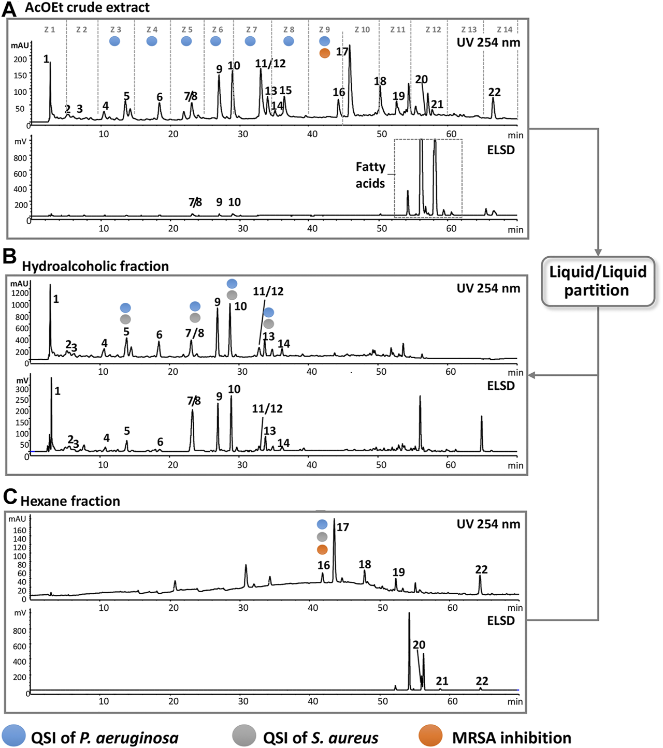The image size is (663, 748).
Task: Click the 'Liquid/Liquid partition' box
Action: [598, 281]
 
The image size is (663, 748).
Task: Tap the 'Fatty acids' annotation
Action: [370, 175]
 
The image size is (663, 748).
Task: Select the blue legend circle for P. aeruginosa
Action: [13, 736]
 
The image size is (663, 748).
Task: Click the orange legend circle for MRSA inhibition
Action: [430, 736]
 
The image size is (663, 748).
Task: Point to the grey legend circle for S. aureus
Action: [244, 736]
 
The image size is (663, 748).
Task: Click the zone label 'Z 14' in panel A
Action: [504, 30]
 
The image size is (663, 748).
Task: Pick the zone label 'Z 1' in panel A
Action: [49, 30]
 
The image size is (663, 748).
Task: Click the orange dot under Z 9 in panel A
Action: [325, 53]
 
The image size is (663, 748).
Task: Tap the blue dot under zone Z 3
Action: [115, 41]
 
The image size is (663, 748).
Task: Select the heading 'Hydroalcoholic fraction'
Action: [95, 266]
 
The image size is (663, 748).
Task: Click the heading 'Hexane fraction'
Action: [70, 501]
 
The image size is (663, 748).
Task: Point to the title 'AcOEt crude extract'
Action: [87, 8]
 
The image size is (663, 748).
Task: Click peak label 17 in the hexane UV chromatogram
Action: [343, 527]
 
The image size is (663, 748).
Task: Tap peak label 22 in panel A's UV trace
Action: [495, 92]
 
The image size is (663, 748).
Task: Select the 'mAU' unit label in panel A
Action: [20, 46]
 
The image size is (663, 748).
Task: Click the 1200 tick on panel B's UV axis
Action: [20, 293]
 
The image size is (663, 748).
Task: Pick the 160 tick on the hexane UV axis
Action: [20, 530]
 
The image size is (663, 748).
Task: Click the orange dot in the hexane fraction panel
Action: [322, 549]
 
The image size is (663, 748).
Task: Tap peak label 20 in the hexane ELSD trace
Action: [419, 645]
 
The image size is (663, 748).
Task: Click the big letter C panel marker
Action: [10, 497]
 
